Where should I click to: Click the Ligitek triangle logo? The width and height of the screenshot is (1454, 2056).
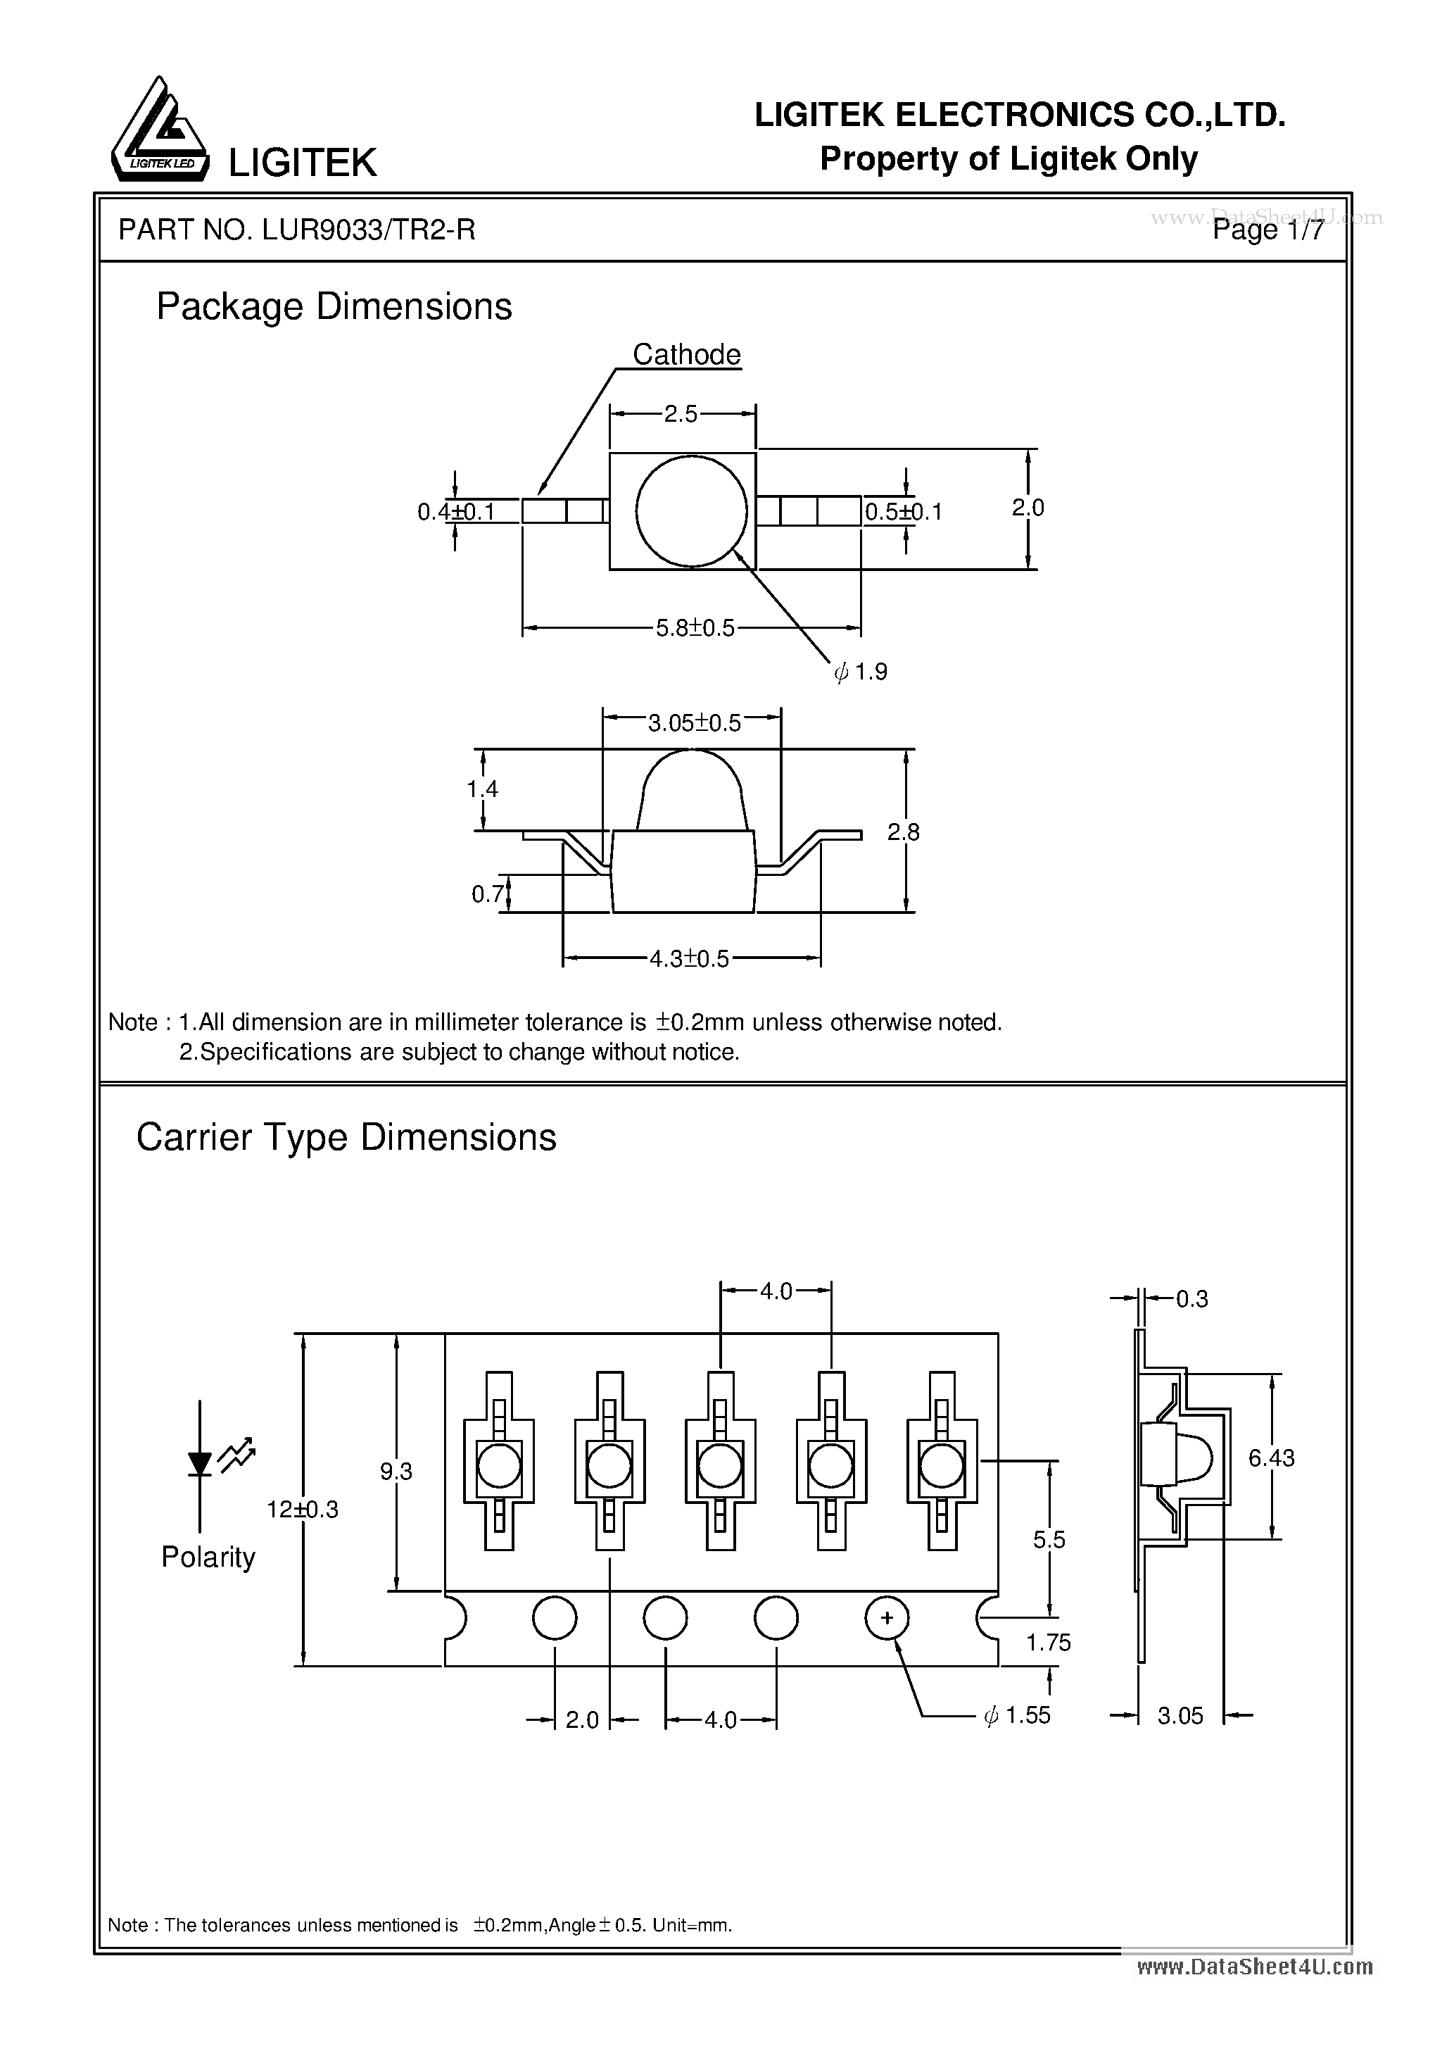(158, 131)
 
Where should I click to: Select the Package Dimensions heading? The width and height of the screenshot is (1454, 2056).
(334, 307)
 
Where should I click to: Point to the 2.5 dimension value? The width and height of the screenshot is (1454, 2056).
(681, 414)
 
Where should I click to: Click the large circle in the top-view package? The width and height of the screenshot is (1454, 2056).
(691, 511)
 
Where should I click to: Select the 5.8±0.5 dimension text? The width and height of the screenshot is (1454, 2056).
(695, 628)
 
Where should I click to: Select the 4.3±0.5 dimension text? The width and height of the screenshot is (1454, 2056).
(690, 959)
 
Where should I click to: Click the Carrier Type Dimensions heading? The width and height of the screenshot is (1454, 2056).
(346, 1137)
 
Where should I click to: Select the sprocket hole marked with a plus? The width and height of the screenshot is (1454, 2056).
(886, 1618)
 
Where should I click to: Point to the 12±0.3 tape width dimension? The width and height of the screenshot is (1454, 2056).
(303, 1509)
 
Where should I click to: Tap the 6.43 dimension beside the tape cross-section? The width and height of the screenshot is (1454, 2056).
(1271, 1458)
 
